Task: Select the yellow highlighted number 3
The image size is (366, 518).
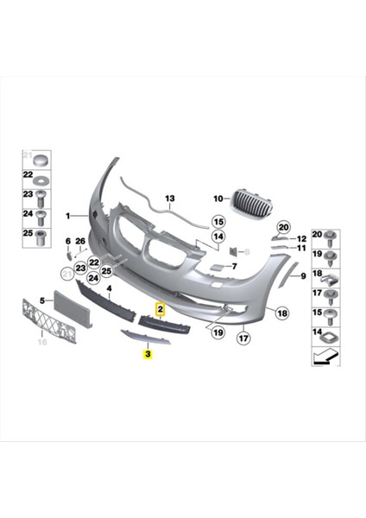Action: pyautogui.click(x=148, y=353)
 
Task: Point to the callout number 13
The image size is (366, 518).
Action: pyautogui.click(x=170, y=198)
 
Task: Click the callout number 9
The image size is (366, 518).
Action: pyautogui.click(x=303, y=276)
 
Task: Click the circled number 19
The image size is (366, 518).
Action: pyautogui.click(x=218, y=332)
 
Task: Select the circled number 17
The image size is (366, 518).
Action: pyautogui.click(x=243, y=338)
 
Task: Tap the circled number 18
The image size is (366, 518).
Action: pyautogui.click(x=282, y=313)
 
